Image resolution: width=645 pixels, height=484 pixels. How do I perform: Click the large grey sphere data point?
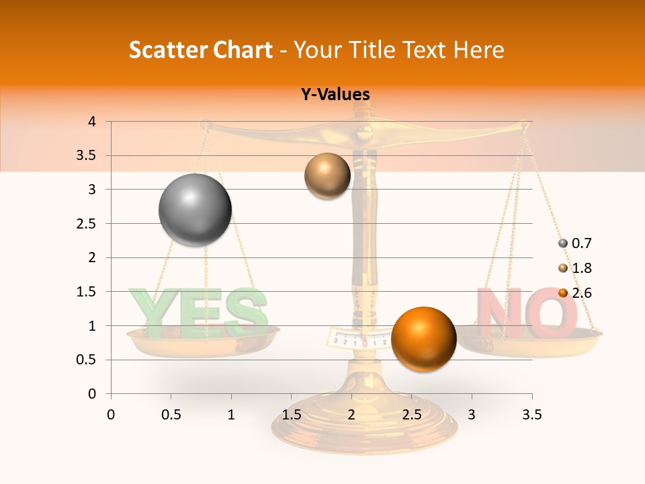click(x=196, y=210)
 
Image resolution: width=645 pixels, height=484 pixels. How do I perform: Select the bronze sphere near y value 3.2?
click(x=327, y=176)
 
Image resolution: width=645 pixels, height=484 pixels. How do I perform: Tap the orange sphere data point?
click(x=423, y=338)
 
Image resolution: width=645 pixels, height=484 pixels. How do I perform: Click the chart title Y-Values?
click(x=335, y=95)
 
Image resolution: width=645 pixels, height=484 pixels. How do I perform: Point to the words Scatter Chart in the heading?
click(x=200, y=50)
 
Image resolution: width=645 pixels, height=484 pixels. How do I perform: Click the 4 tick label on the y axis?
click(x=92, y=122)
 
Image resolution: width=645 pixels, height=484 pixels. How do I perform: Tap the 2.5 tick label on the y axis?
click(x=86, y=224)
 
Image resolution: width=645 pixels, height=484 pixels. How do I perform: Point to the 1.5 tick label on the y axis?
click(x=86, y=292)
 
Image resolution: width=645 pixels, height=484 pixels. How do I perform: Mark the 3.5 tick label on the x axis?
click(x=531, y=415)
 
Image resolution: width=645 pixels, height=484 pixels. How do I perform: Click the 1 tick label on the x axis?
click(x=231, y=415)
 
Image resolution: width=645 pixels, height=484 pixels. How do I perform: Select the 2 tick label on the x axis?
click(x=351, y=415)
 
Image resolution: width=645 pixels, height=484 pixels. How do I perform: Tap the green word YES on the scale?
click(x=199, y=313)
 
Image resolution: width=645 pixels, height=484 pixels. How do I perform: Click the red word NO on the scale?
click(x=527, y=313)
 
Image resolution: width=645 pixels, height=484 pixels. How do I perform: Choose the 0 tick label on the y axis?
click(x=92, y=394)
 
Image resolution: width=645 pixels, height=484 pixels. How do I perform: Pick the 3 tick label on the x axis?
click(x=472, y=415)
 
